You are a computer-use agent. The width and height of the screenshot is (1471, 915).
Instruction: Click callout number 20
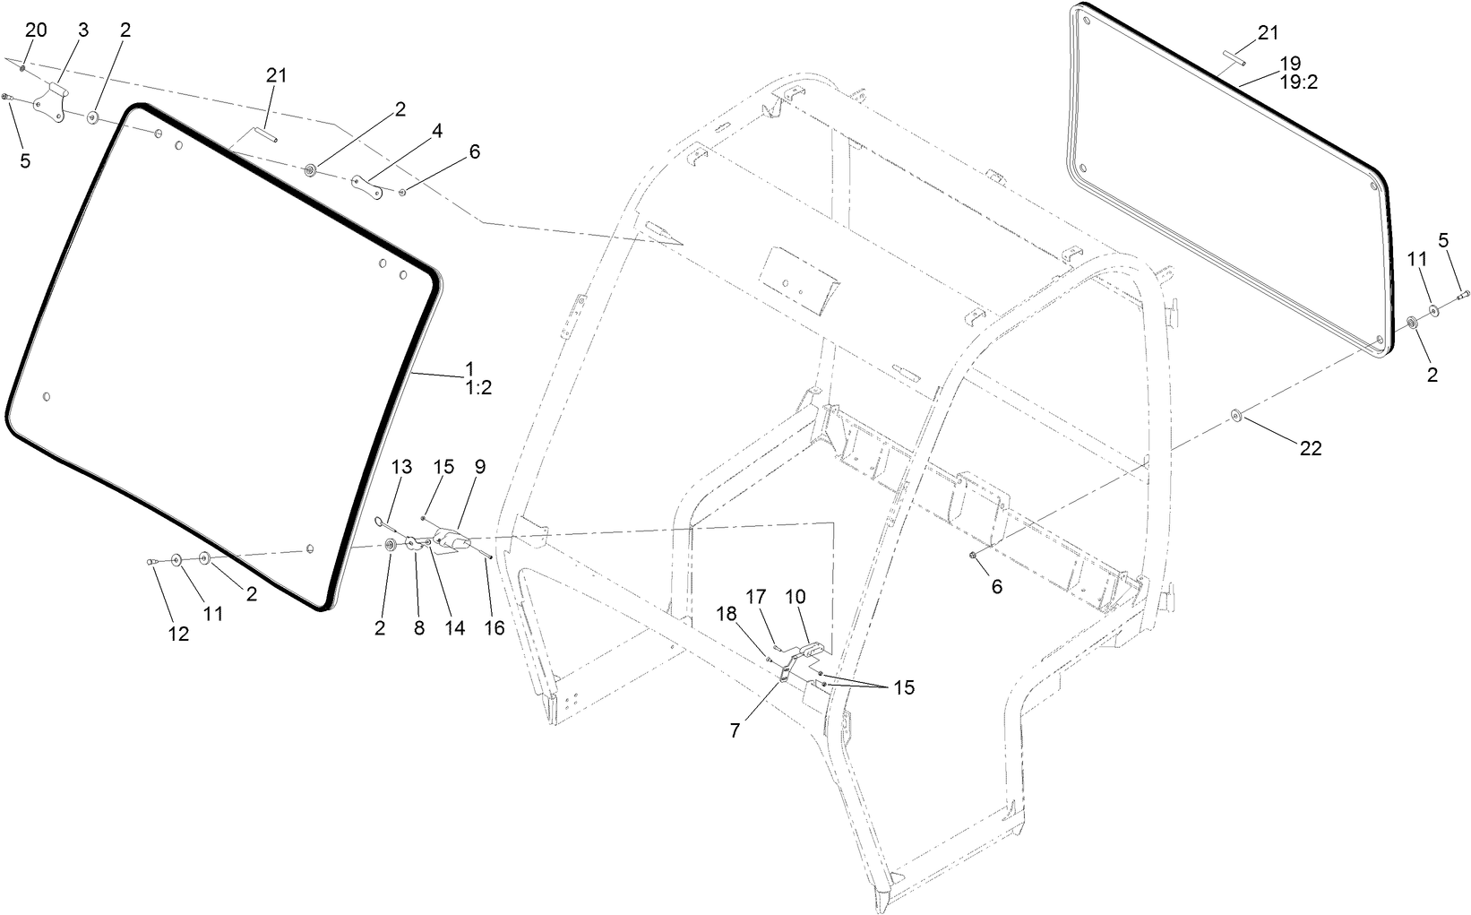tap(36, 30)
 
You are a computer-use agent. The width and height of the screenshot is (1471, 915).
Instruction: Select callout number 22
tap(1311, 449)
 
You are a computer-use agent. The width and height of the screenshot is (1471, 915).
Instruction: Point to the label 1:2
tap(478, 388)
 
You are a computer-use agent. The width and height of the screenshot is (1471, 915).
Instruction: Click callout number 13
tap(402, 467)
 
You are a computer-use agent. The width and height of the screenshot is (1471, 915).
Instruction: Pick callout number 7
tap(735, 730)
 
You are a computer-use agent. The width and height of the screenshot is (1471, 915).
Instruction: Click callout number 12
tap(178, 634)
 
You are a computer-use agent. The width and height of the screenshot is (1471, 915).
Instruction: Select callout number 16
tap(495, 628)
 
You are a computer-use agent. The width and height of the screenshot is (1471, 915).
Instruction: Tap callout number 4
tap(436, 131)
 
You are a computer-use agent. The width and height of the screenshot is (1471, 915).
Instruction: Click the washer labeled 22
tap(1234, 414)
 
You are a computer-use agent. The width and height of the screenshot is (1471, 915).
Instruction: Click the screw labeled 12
tap(151, 561)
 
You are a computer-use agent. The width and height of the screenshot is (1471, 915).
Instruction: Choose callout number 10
tap(796, 596)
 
